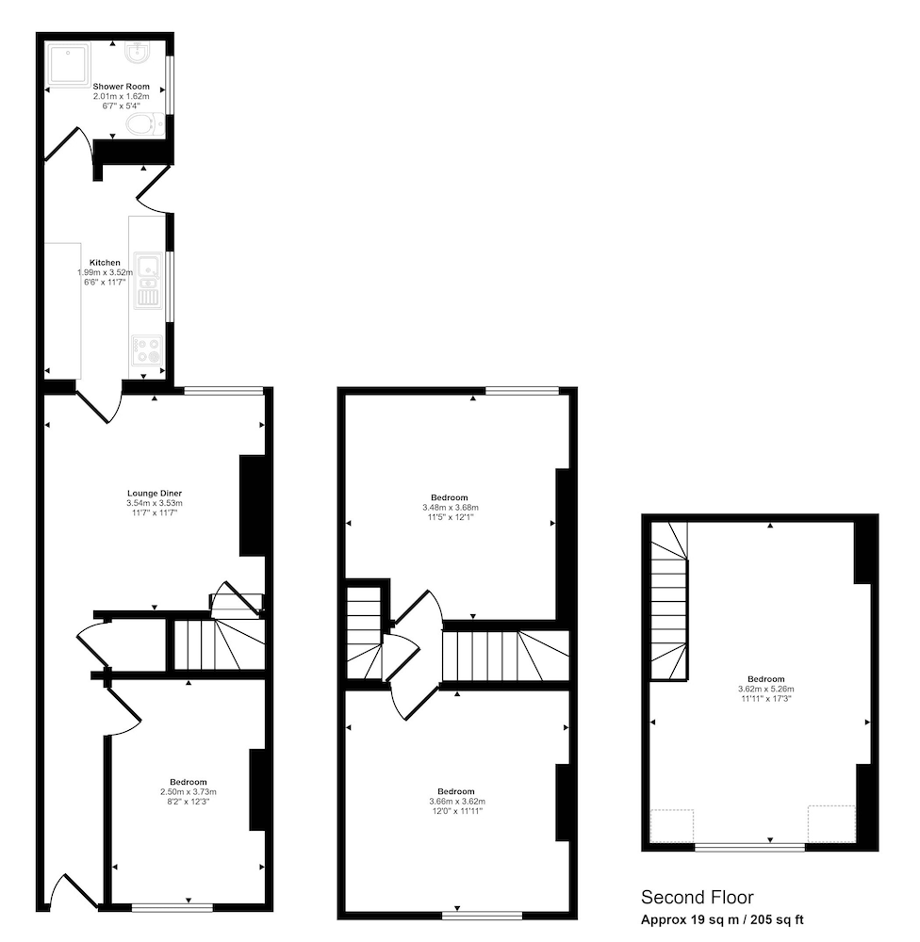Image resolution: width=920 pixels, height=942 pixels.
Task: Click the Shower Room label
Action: click(x=121, y=87)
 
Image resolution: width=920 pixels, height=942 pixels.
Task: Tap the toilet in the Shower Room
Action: click(x=145, y=124)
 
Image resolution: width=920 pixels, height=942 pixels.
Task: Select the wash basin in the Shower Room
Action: click(x=138, y=52)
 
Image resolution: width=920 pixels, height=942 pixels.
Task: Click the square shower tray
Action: click(x=69, y=63)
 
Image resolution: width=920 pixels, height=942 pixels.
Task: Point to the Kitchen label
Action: click(x=105, y=263)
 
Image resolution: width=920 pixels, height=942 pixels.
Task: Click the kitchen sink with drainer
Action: click(x=148, y=281)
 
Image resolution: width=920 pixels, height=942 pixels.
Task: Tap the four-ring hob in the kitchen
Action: click(x=148, y=350)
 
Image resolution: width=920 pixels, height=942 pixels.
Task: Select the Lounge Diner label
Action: click(x=155, y=494)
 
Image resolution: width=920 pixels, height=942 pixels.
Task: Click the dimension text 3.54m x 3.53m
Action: click(x=155, y=503)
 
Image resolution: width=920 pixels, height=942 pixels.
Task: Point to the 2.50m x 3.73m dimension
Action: click(x=189, y=792)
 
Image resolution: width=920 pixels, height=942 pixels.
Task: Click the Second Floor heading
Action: click(x=697, y=898)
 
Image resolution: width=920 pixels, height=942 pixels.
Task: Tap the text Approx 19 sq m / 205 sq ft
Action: click(x=721, y=919)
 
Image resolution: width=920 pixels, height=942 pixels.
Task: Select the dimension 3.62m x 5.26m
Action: click(x=766, y=690)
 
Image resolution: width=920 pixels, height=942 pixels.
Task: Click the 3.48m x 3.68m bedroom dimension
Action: click(x=451, y=507)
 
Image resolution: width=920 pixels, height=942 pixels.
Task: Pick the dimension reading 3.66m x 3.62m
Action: click(x=457, y=802)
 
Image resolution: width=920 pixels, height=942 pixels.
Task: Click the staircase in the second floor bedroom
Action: click(x=669, y=601)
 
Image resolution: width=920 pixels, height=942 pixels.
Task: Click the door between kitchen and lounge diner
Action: click(x=100, y=404)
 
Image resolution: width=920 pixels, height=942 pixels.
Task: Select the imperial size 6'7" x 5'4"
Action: click(x=121, y=106)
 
